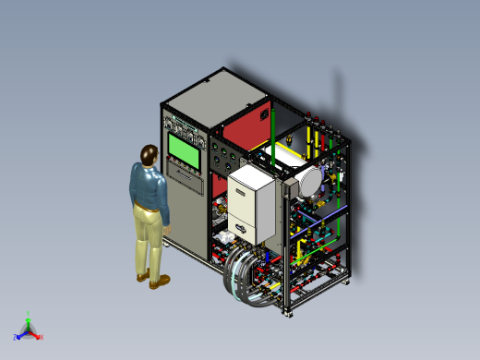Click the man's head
(x=149, y=154)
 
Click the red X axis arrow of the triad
(x=39, y=336)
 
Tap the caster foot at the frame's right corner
(x=347, y=282)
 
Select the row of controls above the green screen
(x=186, y=125)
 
